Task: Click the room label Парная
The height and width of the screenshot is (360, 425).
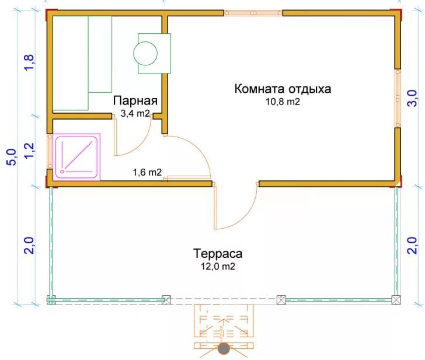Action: tap(135, 101)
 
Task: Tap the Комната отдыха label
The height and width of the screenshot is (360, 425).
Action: tap(283, 89)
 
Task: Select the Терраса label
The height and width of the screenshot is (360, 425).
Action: tap(218, 254)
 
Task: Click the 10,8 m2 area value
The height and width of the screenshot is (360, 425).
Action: tap(283, 102)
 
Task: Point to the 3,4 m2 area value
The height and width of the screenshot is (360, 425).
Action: tap(135, 114)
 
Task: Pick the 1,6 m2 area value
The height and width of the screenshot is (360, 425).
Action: tap(147, 172)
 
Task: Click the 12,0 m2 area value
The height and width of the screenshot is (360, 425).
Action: tap(218, 267)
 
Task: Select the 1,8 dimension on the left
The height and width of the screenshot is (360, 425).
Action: tap(29, 62)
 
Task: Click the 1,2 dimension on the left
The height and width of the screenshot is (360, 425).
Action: tap(29, 151)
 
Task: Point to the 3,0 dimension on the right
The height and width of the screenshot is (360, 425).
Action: tap(412, 99)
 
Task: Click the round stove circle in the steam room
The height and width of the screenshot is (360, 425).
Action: tap(145, 53)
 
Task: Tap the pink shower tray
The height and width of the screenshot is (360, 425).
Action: tap(76, 157)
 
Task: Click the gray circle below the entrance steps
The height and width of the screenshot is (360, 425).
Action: tap(224, 349)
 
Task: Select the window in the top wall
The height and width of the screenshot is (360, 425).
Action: tap(253, 13)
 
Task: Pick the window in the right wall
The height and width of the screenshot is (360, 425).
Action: tap(398, 99)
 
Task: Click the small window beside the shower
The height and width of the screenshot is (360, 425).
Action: tap(50, 152)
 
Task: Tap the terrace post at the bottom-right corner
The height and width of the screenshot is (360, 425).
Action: tap(396, 300)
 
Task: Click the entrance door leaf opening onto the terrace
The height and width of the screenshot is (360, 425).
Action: tap(216, 206)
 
